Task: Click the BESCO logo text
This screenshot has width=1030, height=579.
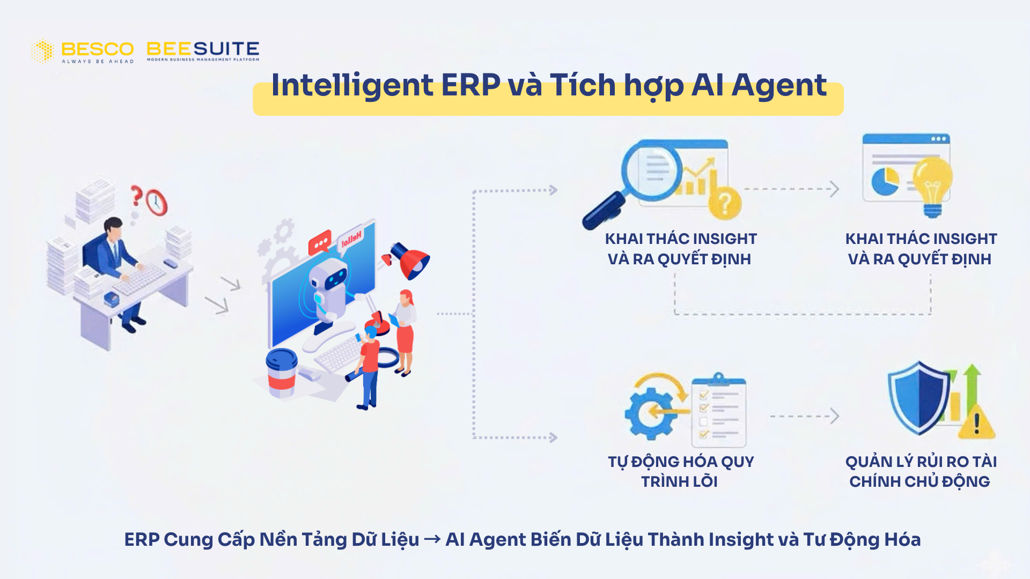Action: (x=97, y=49)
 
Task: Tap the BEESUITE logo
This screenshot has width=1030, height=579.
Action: (x=203, y=50)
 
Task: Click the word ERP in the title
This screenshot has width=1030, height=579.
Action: (x=470, y=85)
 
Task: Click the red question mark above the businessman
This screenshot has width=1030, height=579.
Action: (x=136, y=195)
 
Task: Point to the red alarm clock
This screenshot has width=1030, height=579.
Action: (x=157, y=203)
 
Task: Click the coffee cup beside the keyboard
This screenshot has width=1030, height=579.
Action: (x=281, y=372)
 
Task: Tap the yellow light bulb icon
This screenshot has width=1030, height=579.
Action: (x=933, y=182)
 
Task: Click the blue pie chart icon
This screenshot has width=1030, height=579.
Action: (x=885, y=181)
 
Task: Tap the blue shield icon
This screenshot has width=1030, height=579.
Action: (x=918, y=397)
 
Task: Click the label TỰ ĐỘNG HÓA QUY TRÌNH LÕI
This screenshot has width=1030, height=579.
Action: (x=680, y=471)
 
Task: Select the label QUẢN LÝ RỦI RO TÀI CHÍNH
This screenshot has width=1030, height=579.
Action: (x=921, y=471)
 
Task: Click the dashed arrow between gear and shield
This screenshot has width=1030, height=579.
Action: (x=804, y=416)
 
